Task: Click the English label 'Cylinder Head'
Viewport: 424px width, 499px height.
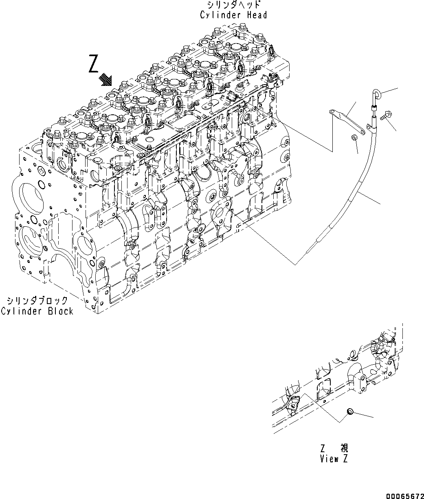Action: [x=233, y=15]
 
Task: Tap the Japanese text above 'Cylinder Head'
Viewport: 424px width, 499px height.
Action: [x=233, y=5]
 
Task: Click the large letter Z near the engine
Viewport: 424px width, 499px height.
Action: [x=94, y=65]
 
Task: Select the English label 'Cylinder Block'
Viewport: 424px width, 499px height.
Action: [x=37, y=311]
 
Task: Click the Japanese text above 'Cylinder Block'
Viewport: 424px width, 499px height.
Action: [x=37, y=301]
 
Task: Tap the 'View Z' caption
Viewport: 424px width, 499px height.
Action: [x=334, y=460]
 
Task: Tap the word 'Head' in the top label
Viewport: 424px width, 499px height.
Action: [x=257, y=15]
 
